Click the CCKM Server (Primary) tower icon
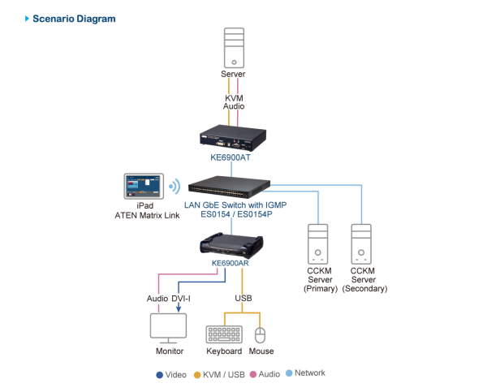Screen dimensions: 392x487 pyautogui.click(x=316, y=242)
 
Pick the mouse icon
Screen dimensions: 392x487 pyautogui.click(x=261, y=334)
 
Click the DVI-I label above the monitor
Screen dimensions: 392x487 pyautogui.click(x=180, y=299)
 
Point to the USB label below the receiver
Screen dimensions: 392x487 pyautogui.click(x=243, y=299)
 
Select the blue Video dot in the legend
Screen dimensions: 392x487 pyautogui.click(x=159, y=374)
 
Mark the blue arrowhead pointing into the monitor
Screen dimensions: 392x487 pyautogui.click(x=178, y=308)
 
